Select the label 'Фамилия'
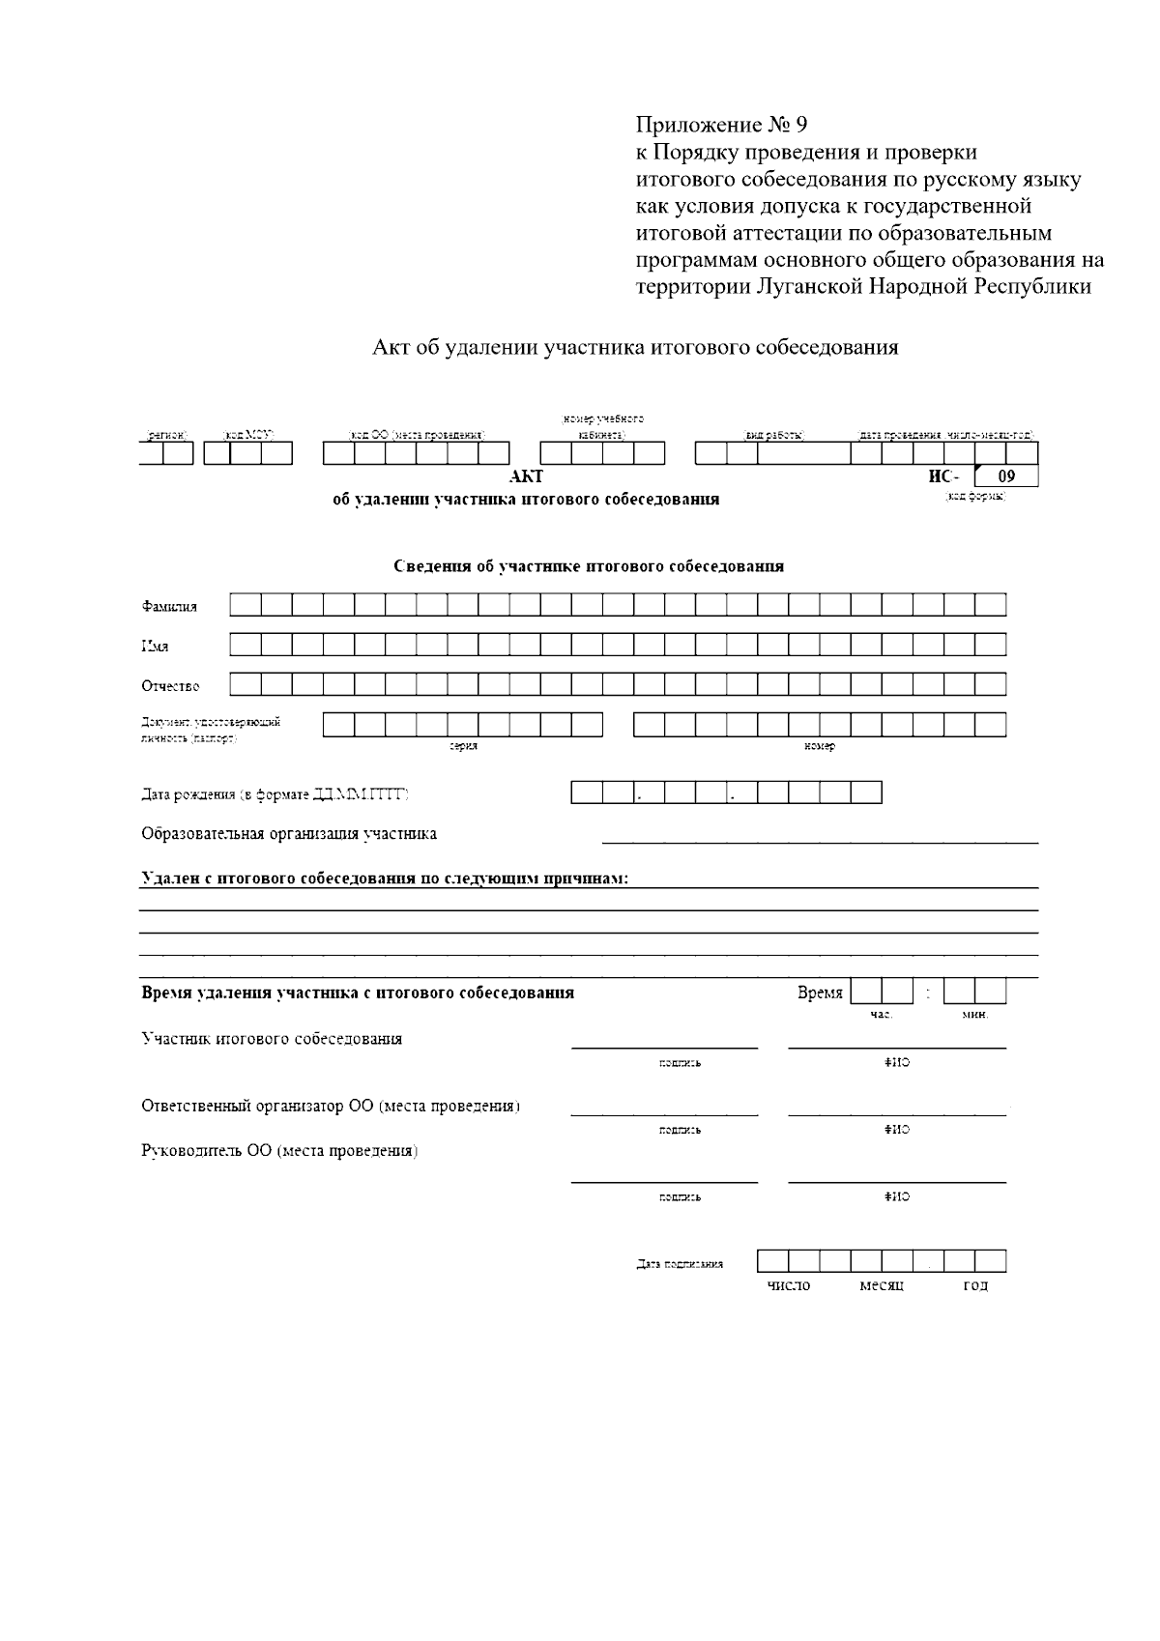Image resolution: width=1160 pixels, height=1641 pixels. pos(169,607)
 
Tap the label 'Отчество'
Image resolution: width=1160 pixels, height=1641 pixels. pos(170,686)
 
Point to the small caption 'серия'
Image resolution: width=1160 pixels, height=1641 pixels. pos(463,746)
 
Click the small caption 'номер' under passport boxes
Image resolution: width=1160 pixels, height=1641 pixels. pos(819,746)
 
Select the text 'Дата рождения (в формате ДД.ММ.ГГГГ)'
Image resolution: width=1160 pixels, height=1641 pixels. pos(275,794)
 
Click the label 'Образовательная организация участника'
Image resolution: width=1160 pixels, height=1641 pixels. pos(289,833)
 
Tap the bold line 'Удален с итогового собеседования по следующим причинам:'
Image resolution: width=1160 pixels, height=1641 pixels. pos(385,879)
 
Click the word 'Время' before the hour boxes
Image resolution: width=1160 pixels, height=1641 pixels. pos(820,993)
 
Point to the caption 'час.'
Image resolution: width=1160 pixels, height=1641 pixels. pos(881,1015)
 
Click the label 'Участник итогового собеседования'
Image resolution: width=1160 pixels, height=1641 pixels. pos(272,1039)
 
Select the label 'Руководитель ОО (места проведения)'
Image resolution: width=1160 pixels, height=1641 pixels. pos(279,1151)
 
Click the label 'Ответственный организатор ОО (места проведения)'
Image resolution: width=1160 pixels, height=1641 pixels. pos(331,1106)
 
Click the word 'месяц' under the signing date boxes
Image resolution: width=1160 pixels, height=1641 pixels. pos(881,1285)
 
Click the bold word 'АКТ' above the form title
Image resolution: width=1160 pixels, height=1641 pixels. pos(526,476)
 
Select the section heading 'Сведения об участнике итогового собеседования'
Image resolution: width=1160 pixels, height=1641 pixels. pos(588,566)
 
